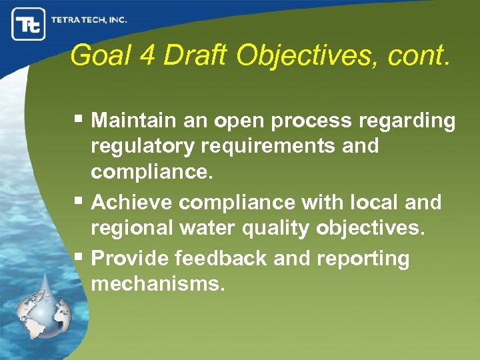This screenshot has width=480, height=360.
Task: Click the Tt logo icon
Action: [28, 24]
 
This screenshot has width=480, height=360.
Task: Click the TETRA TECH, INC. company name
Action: [89, 20]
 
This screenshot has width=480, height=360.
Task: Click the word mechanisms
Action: [158, 284]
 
